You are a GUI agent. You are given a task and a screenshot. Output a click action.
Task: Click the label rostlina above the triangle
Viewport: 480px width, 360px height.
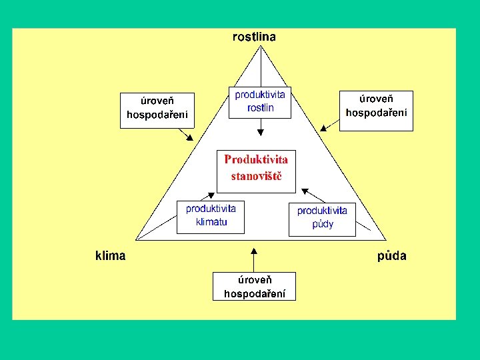click(254, 37)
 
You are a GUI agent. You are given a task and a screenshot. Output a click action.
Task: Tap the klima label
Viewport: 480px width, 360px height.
click(110, 255)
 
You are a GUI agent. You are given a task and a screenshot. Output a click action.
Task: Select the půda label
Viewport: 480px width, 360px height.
click(392, 255)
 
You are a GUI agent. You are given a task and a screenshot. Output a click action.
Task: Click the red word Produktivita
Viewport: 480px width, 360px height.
click(256, 159)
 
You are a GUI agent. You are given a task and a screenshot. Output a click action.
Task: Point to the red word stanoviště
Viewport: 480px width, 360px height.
click(256, 177)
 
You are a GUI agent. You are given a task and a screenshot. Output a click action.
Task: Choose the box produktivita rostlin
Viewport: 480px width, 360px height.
click(260, 102)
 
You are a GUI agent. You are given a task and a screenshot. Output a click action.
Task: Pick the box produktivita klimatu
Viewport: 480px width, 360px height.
click(211, 216)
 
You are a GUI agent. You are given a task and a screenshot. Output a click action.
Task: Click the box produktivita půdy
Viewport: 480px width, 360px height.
click(322, 218)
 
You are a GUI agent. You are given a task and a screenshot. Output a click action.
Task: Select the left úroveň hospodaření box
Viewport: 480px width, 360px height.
click(157, 109)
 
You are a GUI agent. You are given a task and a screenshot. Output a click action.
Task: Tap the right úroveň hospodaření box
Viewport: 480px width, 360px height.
click(376, 109)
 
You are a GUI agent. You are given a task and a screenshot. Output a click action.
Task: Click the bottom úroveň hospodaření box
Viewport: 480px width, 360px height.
click(254, 286)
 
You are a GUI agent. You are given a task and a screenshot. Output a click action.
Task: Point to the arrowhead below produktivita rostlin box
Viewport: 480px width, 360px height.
click(261, 130)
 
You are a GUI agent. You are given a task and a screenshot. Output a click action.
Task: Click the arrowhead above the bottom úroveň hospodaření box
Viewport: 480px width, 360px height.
click(254, 251)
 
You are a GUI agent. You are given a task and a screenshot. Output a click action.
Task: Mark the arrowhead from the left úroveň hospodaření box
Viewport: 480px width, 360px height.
click(190, 137)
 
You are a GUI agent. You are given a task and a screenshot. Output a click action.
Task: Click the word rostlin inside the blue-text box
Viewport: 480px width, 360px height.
click(260, 108)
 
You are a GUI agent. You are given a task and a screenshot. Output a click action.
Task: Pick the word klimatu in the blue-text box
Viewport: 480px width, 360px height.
click(211, 222)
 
